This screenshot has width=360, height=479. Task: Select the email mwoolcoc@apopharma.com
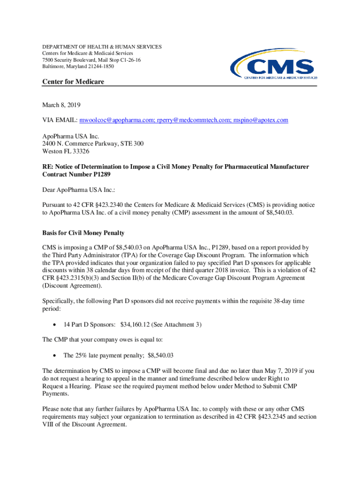116,120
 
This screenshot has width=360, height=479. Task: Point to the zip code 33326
81,152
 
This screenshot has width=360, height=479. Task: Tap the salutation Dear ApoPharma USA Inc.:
75,190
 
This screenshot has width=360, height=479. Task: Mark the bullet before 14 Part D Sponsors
56,324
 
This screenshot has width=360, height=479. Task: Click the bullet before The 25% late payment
56,356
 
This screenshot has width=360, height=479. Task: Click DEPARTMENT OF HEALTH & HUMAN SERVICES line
102,47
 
